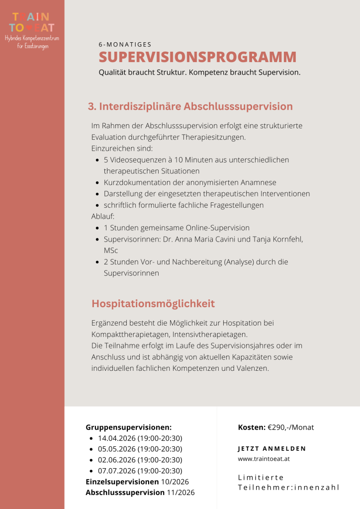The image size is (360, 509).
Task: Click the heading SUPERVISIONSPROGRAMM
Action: click(x=197, y=57)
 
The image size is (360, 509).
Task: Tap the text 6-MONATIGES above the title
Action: click(x=125, y=44)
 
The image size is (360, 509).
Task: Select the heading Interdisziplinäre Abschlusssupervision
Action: click(x=190, y=106)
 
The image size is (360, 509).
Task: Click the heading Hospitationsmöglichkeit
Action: click(x=153, y=303)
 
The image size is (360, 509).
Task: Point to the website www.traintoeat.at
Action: click(x=264, y=459)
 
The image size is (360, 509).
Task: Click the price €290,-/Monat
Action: click(x=290, y=427)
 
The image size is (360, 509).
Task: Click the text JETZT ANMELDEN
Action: click(x=272, y=449)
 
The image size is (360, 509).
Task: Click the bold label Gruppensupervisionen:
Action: click(x=128, y=427)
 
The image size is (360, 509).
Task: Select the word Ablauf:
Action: click(x=103, y=216)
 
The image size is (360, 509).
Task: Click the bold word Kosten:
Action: click(x=252, y=427)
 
